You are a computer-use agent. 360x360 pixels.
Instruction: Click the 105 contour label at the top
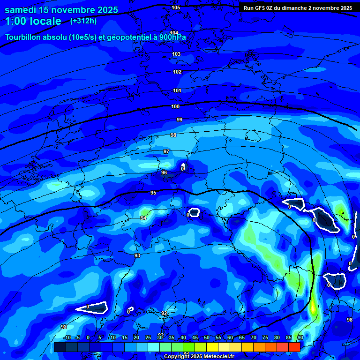176,7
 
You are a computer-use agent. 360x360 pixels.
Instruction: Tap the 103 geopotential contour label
176,54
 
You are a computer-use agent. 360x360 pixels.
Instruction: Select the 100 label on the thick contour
175,106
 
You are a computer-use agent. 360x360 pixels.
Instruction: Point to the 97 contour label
166,151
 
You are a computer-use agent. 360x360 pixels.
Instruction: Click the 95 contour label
153,193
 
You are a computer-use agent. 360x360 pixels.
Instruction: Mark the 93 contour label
137,255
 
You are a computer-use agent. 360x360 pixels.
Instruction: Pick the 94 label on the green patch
143,218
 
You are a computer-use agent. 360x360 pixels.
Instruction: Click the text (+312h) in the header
84,21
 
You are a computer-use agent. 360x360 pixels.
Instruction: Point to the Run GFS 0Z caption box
298,8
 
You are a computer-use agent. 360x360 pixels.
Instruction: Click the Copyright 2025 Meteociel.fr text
199,357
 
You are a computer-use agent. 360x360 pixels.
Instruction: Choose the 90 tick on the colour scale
300,337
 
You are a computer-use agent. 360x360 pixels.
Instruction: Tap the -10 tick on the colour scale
67,337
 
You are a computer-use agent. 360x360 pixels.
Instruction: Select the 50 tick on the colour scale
207,337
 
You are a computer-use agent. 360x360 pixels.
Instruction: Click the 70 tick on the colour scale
254,337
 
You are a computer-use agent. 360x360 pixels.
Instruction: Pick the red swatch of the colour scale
294,347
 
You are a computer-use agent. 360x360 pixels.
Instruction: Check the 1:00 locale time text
33,21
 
